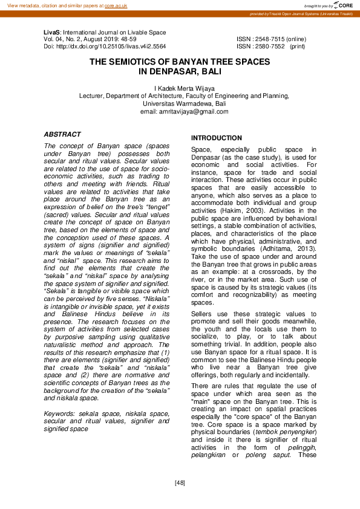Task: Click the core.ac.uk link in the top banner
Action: (116, 5)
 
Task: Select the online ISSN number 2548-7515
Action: (270, 39)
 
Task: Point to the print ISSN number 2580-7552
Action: (270, 46)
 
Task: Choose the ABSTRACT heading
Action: (62, 134)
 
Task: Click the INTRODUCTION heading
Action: (217, 138)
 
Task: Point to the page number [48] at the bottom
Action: (180, 482)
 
